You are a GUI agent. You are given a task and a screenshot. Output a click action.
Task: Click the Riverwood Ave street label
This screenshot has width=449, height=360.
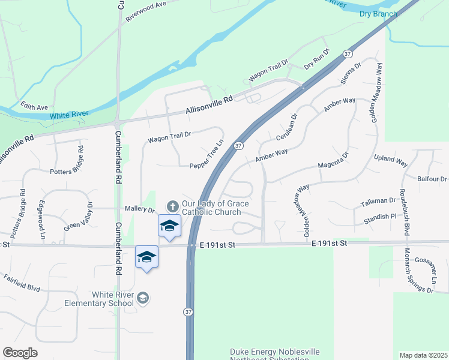[145, 11]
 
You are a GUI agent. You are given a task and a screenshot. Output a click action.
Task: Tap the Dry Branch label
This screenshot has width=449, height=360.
[378, 14]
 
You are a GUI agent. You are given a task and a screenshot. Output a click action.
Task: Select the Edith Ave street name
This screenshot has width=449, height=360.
[34, 107]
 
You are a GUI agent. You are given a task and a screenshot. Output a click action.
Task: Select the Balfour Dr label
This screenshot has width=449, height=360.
[432, 179]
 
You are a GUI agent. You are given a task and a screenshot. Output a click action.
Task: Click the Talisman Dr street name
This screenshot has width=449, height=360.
[379, 203]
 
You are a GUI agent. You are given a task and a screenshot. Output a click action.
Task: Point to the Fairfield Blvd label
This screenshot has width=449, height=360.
[22, 283]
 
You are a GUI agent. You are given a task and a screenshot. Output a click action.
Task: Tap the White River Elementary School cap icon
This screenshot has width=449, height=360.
[143, 298]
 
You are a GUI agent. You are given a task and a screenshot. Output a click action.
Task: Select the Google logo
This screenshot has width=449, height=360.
[20, 353]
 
